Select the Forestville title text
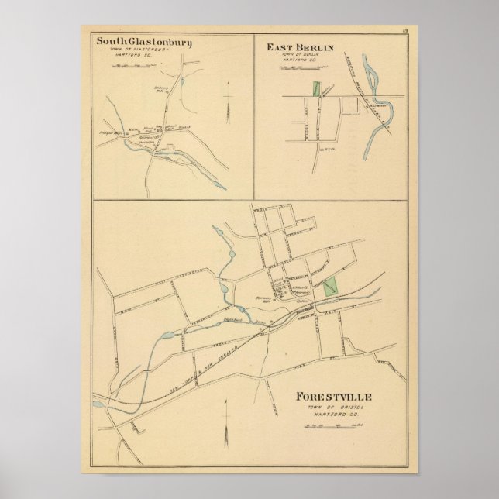click(x=333, y=397)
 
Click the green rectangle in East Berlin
click(x=315, y=88)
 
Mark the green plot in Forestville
click(x=332, y=284)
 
